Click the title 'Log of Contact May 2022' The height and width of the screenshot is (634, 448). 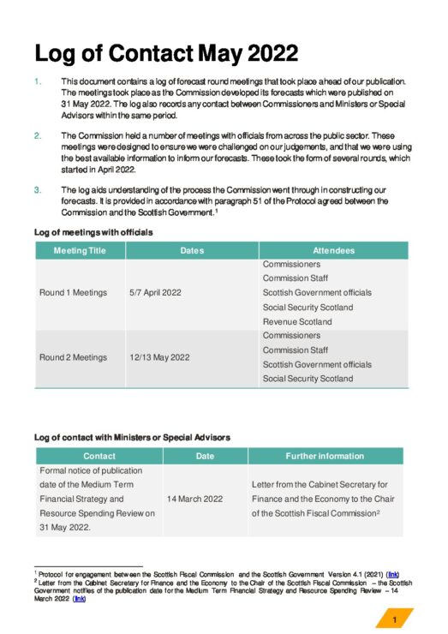(166, 53)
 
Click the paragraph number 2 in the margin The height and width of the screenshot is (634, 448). (37, 135)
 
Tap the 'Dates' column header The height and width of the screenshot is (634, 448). (192, 250)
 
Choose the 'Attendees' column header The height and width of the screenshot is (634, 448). (333, 250)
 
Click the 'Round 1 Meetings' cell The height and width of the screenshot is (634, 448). (73, 292)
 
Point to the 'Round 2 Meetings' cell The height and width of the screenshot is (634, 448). (73, 357)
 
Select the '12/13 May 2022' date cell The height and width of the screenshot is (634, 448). (159, 357)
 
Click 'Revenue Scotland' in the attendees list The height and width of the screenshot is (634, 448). (296, 321)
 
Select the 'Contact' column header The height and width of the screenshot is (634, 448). (99, 457)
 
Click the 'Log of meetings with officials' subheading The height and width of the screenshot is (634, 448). (93, 232)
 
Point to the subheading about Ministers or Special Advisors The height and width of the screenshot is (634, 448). (132, 438)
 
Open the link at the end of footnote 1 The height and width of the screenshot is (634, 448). (392, 573)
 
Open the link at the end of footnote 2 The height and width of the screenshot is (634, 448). (80, 598)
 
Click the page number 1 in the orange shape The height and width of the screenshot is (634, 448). (394, 619)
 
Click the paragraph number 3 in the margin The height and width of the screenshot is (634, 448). (37, 189)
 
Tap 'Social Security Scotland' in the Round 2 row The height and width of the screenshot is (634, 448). (308, 379)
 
